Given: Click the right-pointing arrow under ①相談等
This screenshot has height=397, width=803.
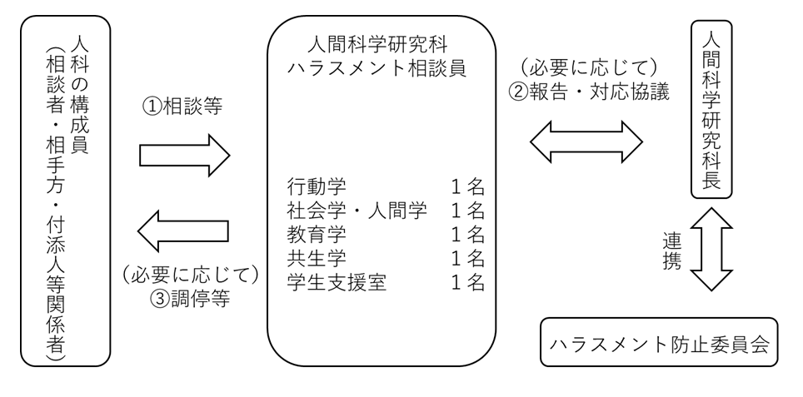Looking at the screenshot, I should tap(183, 155).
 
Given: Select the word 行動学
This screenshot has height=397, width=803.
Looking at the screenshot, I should tap(311, 185).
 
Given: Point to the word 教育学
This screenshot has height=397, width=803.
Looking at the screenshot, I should tap(311, 234).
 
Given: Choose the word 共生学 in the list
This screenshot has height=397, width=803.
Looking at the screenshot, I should tap(311, 258).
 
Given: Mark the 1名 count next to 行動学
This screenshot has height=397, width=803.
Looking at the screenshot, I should tap(467, 185).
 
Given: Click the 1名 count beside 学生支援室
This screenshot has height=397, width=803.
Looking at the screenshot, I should tap(467, 283).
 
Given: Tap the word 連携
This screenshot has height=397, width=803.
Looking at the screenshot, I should tap(673, 250).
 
